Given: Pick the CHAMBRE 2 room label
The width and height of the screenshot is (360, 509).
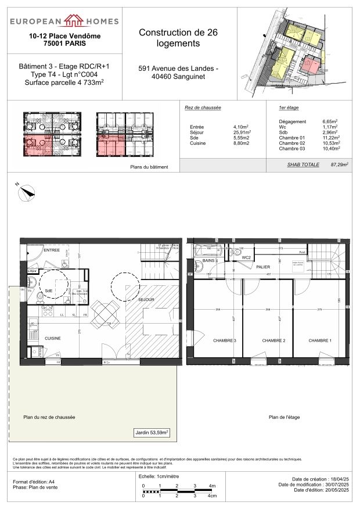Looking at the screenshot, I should (272, 340).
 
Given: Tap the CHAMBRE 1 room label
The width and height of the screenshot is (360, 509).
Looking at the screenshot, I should (320, 340).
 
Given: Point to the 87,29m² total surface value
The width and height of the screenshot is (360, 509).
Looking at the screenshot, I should (339, 165).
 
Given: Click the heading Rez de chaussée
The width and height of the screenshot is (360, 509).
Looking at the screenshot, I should (203, 108).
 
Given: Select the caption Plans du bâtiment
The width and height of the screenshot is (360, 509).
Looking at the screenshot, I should (150, 167).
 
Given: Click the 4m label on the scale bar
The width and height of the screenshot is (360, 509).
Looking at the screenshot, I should (213, 486).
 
